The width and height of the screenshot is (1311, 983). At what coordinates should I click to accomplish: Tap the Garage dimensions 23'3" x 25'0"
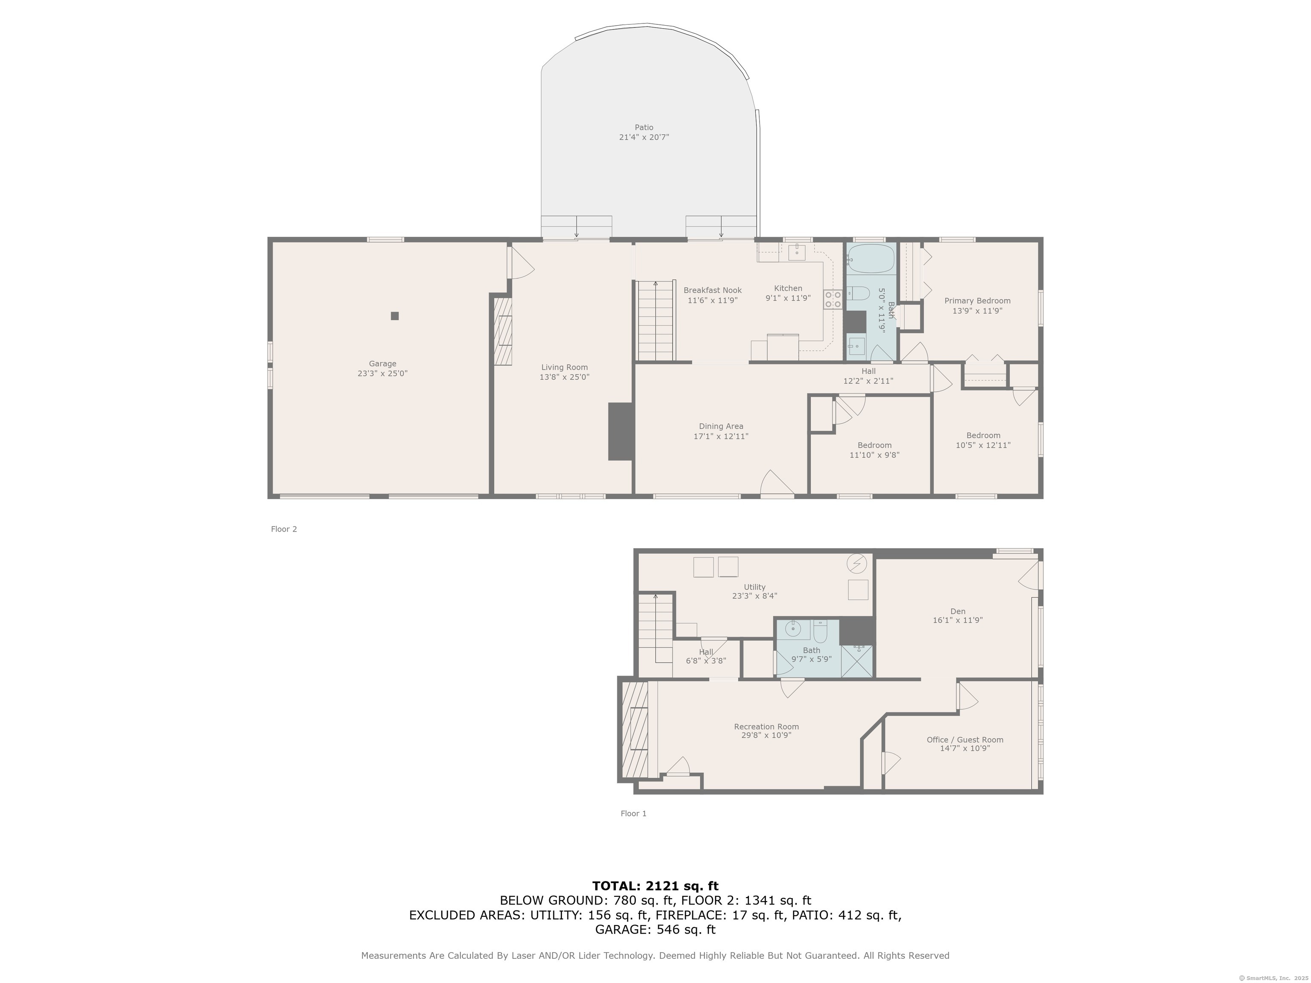(x=382, y=374)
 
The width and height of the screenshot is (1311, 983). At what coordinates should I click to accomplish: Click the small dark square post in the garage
(x=395, y=316)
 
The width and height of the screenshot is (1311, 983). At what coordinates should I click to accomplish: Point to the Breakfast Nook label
(x=712, y=291)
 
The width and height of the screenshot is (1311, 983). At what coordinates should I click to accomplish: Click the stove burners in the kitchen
(x=833, y=299)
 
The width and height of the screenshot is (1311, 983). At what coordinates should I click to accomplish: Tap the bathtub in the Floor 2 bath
(x=871, y=259)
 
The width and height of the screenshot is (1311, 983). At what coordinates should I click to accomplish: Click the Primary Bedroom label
(x=977, y=301)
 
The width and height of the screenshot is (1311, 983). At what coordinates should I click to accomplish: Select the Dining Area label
(x=721, y=427)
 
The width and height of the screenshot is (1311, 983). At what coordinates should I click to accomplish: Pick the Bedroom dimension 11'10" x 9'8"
(x=874, y=456)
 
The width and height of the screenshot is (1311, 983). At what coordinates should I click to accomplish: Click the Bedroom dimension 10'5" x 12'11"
(x=983, y=445)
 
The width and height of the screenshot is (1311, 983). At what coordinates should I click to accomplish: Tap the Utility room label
(x=755, y=587)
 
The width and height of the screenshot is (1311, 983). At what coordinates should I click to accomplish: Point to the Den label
(x=958, y=611)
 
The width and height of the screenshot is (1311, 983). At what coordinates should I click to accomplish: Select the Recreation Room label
(x=766, y=727)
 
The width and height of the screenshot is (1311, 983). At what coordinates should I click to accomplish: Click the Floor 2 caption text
(x=284, y=529)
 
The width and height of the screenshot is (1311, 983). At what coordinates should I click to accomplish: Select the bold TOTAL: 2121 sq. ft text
(x=655, y=886)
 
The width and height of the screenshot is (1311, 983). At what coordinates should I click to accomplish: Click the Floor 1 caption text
(x=634, y=814)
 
